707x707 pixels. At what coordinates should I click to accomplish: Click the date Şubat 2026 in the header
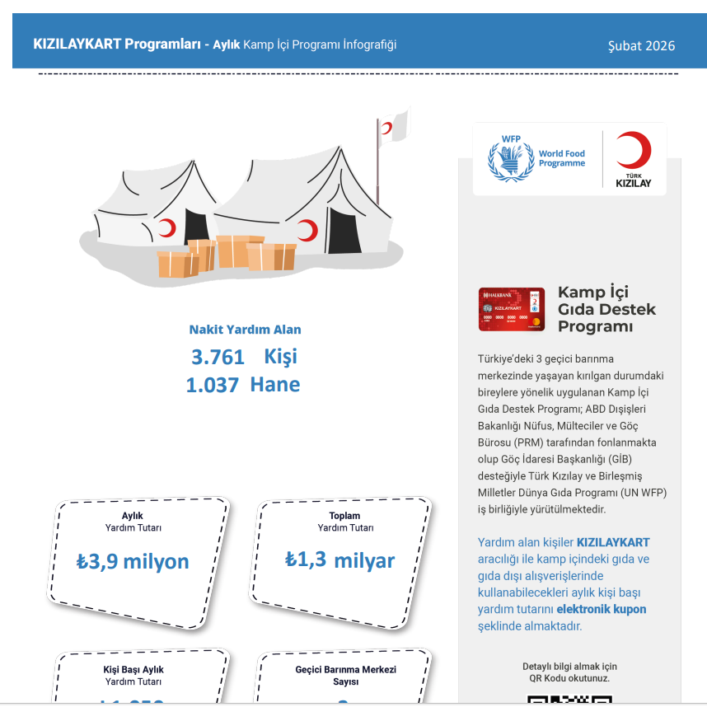click(641, 46)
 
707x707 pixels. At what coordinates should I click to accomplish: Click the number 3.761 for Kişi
click(218, 357)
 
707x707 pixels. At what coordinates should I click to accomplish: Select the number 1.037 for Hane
click(213, 385)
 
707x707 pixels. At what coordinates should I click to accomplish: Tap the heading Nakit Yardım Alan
click(245, 330)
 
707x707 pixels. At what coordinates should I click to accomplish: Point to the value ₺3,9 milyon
click(133, 561)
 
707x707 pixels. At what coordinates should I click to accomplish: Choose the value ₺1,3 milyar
click(339, 560)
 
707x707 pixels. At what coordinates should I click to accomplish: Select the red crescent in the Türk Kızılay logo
click(633, 151)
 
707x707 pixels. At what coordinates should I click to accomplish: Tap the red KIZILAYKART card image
click(511, 309)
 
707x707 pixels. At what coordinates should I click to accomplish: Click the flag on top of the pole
click(393, 126)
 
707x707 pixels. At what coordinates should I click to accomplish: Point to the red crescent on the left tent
click(168, 227)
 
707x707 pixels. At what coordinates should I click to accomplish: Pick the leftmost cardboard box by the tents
click(177, 264)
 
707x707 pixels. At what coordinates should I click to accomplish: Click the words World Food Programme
click(562, 158)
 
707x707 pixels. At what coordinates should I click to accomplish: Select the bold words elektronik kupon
click(601, 609)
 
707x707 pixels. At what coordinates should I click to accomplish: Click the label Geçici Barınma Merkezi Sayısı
click(345, 676)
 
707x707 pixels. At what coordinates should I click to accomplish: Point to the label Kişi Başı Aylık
click(133, 670)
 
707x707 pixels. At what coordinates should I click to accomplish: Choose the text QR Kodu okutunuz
click(569, 678)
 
